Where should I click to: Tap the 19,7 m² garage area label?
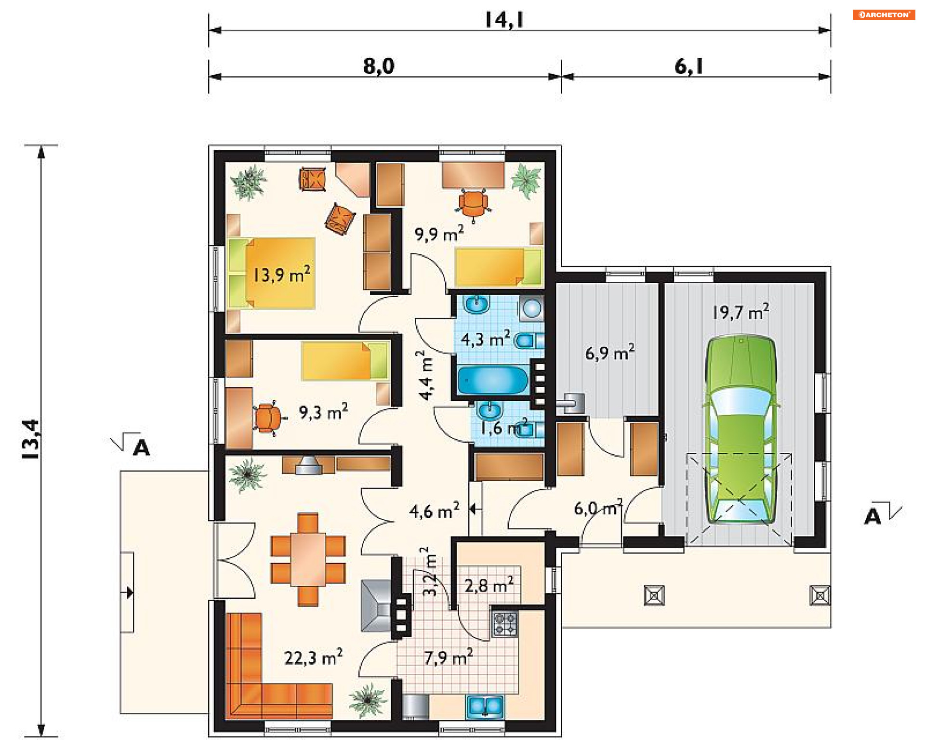point(740,312)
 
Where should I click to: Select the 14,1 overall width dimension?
point(504,20)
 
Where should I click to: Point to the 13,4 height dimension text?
point(31,439)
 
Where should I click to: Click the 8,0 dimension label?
point(379,66)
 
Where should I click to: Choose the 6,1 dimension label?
point(689,66)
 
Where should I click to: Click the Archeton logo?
point(884,14)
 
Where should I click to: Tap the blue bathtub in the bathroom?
point(493,381)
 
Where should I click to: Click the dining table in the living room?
point(308,559)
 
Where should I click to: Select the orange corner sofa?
point(270,674)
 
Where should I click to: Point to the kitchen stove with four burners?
point(504,624)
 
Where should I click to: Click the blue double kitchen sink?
point(485,707)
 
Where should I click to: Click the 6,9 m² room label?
point(610,353)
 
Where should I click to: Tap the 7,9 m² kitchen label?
point(449,657)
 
